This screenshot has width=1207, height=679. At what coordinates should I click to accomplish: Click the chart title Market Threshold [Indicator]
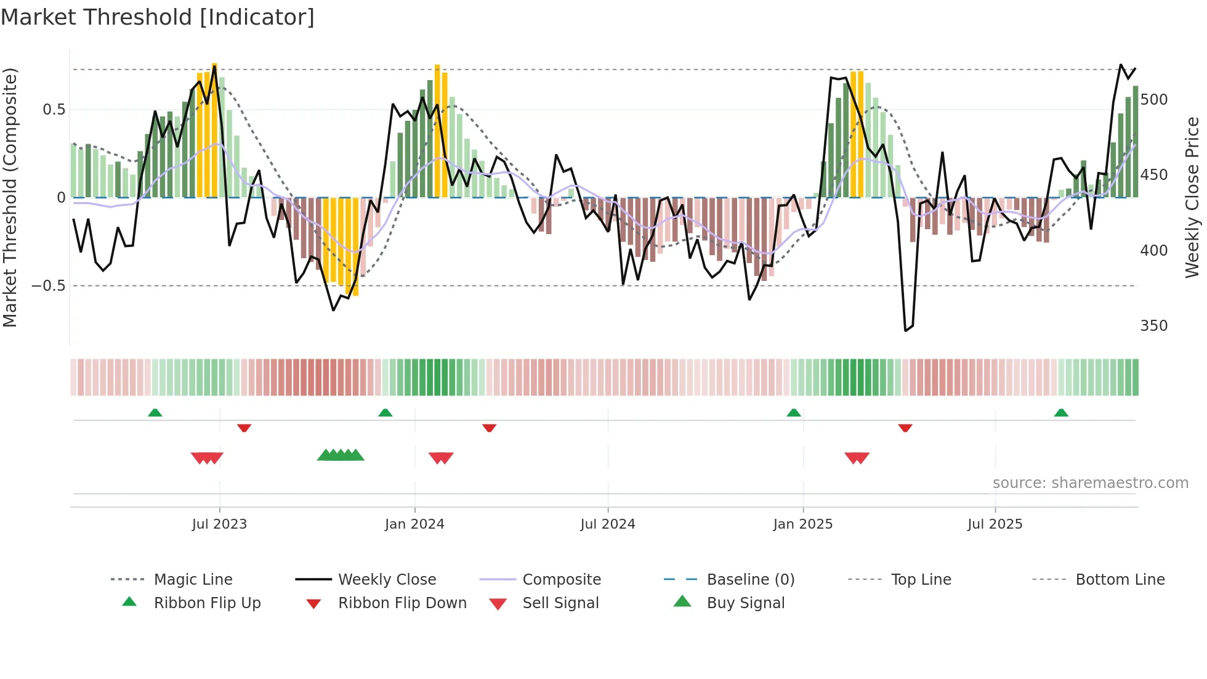click(158, 17)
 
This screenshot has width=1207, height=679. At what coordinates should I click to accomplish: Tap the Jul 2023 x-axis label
click(219, 524)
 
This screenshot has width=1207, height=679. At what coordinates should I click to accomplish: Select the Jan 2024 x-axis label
click(414, 524)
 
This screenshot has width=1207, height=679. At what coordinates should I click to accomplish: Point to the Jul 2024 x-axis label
click(608, 524)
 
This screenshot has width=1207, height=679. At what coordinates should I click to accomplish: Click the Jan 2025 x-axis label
click(803, 524)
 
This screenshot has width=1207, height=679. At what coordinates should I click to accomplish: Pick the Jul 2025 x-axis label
click(995, 524)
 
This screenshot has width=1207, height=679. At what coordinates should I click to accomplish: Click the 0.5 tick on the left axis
click(54, 110)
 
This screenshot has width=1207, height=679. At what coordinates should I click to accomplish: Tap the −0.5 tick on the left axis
click(48, 286)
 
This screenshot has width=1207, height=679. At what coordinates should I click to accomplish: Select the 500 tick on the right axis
click(1153, 100)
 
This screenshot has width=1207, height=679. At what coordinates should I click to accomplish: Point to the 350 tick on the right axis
click(1153, 326)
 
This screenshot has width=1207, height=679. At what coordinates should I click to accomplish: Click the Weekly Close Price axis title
click(1193, 197)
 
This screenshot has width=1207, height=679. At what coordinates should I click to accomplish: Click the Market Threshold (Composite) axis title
click(10, 197)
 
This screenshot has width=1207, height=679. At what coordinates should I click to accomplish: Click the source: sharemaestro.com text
click(1090, 483)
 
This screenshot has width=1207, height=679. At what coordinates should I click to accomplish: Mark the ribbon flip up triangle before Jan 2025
click(794, 413)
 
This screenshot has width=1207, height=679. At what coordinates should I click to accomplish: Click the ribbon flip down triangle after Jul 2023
click(244, 428)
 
